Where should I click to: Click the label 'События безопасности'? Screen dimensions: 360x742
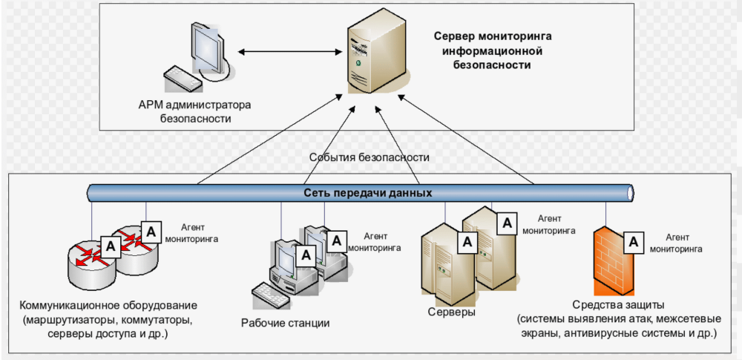370,158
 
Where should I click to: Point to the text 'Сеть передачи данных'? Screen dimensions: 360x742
368,193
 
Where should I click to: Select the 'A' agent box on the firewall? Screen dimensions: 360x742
633,241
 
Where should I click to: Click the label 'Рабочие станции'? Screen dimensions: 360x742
285,323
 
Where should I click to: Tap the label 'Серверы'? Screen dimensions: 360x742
452,312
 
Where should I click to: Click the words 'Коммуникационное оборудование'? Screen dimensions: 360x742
109,306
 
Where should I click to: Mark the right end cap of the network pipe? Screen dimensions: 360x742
631,193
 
